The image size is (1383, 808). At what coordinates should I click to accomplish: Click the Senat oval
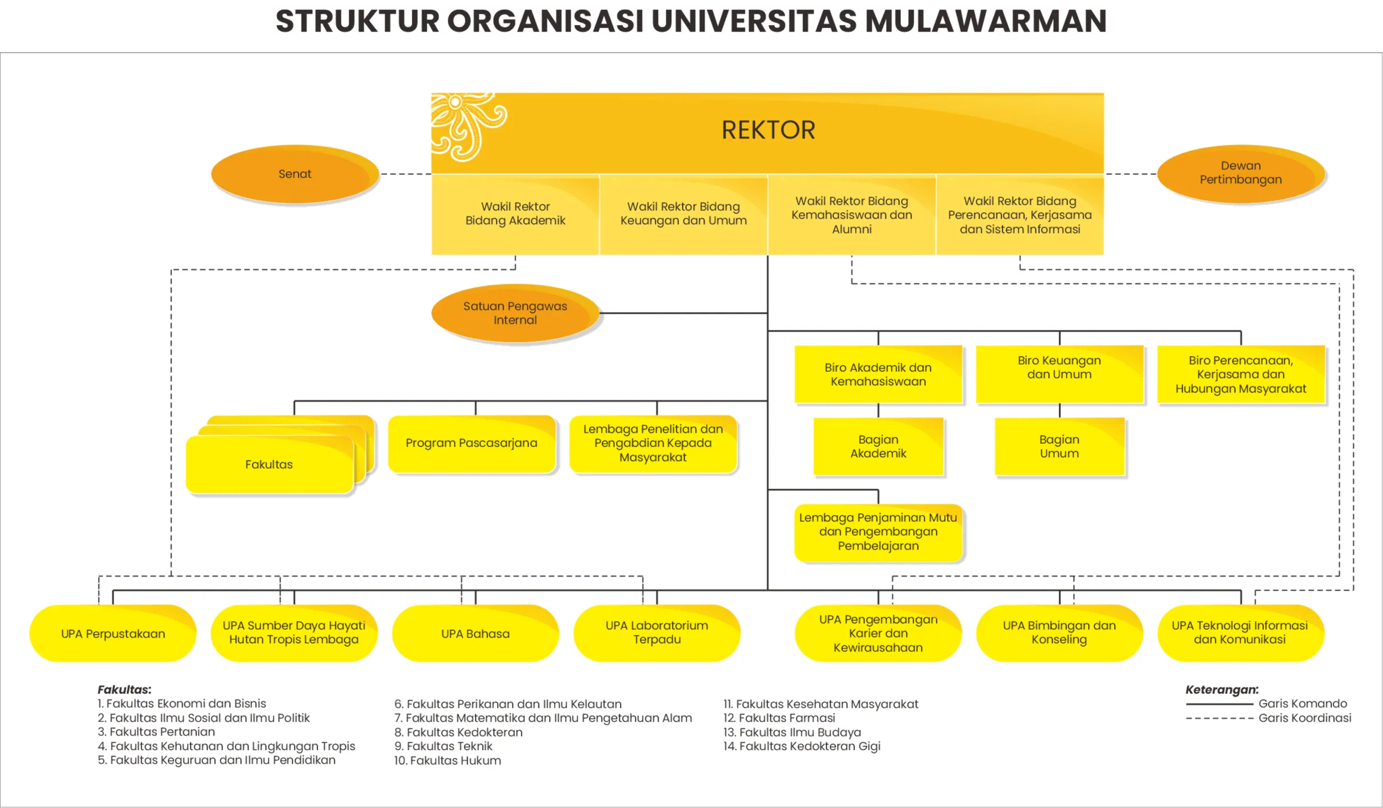click(x=295, y=174)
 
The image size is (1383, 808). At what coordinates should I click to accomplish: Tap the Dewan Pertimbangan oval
click(x=1240, y=173)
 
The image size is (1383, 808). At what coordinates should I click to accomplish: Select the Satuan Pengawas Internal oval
click(x=515, y=313)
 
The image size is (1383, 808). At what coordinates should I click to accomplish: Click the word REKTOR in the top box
click(x=768, y=131)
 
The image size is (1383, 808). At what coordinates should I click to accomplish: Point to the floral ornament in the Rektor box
click(x=468, y=126)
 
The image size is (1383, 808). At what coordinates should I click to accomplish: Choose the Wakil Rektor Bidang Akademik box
click(x=515, y=214)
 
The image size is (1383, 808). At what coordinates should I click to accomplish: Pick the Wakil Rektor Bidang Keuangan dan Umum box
click(x=683, y=214)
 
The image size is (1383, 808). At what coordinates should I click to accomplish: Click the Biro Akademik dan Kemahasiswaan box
click(x=878, y=374)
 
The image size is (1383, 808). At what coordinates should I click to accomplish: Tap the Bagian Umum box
click(x=1059, y=447)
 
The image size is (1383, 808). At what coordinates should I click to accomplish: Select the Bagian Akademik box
click(x=878, y=447)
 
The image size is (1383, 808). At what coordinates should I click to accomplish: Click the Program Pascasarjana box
click(x=472, y=443)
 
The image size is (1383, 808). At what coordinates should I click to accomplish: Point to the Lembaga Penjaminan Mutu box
click(x=878, y=532)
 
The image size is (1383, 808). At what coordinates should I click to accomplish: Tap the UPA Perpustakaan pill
click(x=113, y=634)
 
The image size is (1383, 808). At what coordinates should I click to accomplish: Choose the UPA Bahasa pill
click(x=475, y=634)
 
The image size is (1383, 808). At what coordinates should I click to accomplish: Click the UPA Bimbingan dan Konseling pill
click(x=1059, y=633)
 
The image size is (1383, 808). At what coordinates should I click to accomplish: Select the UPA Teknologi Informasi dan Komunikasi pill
click(x=1240, y=633)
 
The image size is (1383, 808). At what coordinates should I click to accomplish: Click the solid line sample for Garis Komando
click(x=1219, y=705)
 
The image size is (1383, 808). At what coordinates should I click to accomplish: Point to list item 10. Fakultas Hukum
click(x=448, y=761)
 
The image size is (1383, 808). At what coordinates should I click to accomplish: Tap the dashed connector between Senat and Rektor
click(x=406, y=174)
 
